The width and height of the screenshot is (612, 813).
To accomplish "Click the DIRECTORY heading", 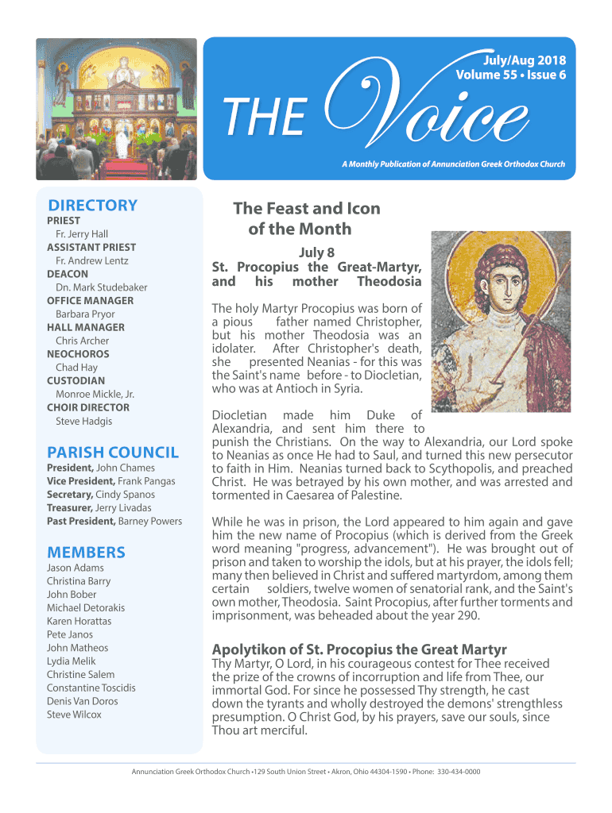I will point(92,205).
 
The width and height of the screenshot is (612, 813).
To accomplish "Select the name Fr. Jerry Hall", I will point(82,234).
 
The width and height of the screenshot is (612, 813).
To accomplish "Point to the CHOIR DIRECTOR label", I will point(87,407).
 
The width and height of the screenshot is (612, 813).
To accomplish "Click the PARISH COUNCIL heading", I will point(113,453).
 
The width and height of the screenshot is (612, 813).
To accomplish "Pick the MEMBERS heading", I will point(86,552).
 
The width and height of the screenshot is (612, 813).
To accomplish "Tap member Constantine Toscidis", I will point(91,688).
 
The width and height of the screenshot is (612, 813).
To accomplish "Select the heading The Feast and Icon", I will point(306,209).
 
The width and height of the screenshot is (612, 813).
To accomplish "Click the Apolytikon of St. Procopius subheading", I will point(359,649).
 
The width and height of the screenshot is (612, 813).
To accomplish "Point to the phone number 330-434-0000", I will point(459,772).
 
